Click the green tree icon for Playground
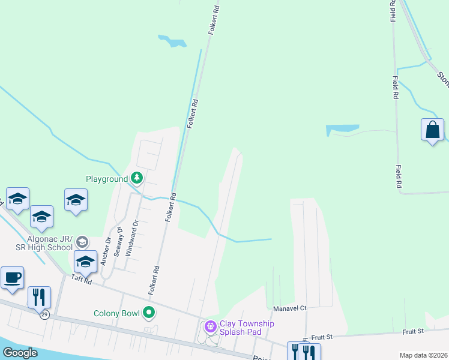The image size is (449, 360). pyautogui.click(x=137, y=178)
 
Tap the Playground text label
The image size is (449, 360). pyautogui.click(x=107, y=179)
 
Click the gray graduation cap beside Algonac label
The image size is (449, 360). pyautogui.click(x=82, y=242)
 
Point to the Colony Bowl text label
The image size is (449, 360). pyautogui.click(x=116, y=313)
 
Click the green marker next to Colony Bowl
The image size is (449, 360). pyautogui.click(x=149, y=313)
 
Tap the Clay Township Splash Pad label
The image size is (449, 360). pyautogui.click(x=247, y=328)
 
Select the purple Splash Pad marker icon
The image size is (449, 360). pyautogui.click(x=210, y=327)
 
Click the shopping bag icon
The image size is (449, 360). pyautogui.click(x=432, y=130)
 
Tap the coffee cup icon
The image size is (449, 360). pyautogui.click(x=12, y=278)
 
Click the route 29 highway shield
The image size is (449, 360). pyautogui.click(x=44, y=315)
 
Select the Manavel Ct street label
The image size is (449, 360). pyautogui.click(x=290, y=308)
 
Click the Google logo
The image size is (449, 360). pyautogui.click(x=19, y=353)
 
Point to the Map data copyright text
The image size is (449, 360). pyautogui.click(x=424, y=355)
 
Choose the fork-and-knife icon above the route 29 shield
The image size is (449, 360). pyautogui.click(x=39, y=296)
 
